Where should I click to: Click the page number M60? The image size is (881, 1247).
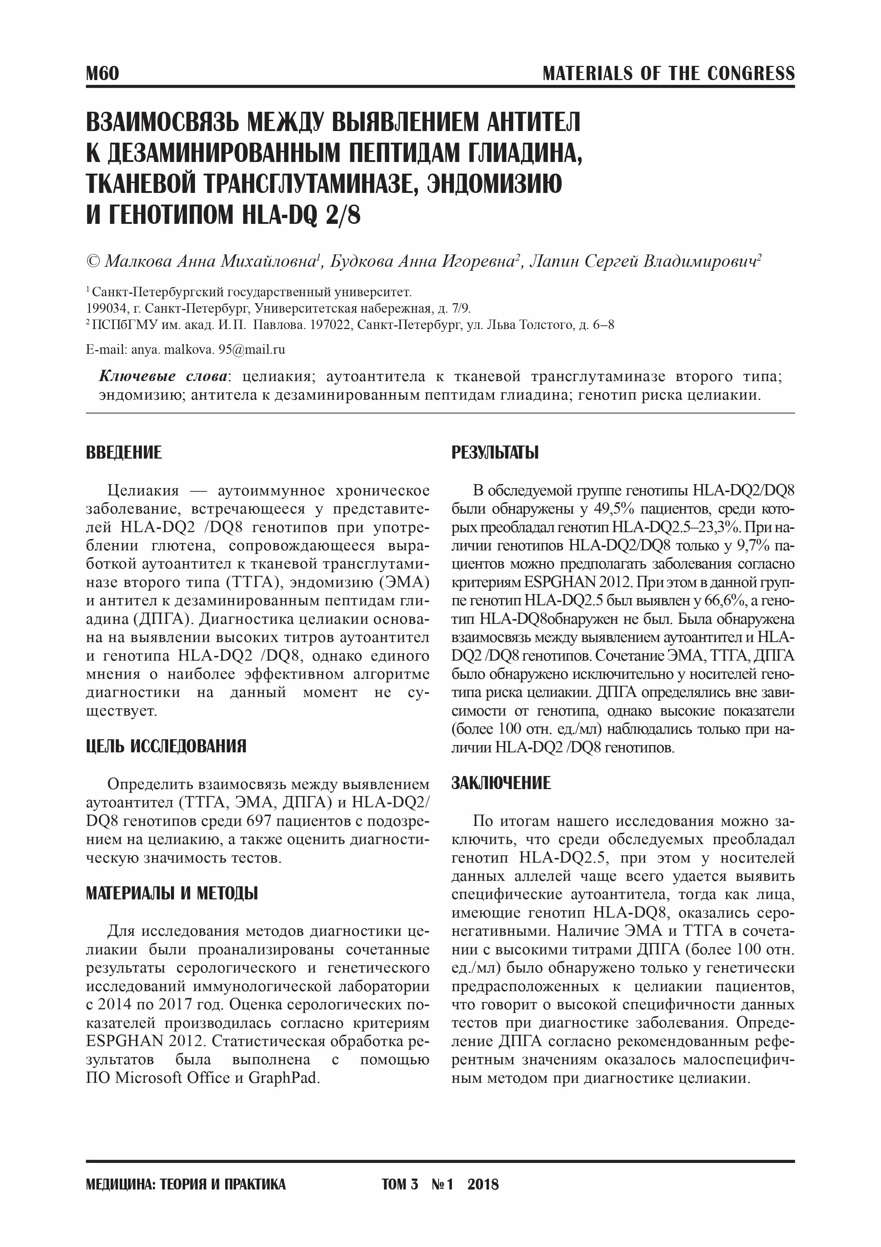coord(102,73)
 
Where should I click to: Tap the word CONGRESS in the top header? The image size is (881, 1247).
coord(751,73)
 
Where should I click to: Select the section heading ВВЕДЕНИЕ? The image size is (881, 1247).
coord(124,452)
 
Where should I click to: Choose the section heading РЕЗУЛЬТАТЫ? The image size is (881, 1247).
coord(495,452)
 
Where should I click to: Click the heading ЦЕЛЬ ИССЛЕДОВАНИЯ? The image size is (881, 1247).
coord(166,746)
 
